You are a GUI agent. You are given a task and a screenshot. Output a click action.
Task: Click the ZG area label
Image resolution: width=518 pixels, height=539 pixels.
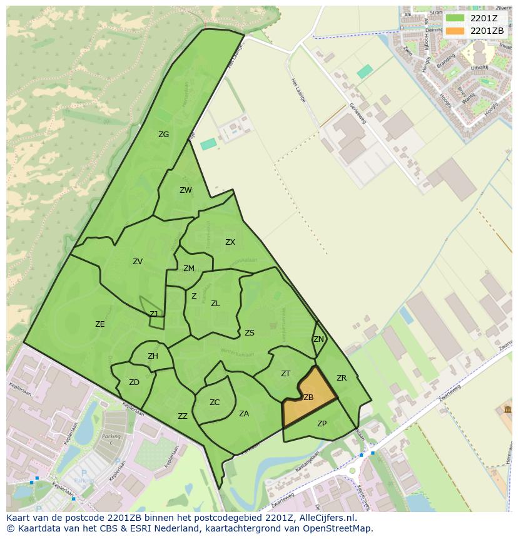coord(163,135)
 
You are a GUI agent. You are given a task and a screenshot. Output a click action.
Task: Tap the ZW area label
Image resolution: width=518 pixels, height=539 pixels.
coord(186,190)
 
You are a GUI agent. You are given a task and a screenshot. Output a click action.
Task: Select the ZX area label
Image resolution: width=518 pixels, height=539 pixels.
coord(230,242)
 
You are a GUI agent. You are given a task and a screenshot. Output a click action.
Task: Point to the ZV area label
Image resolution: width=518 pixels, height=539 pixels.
coord(138,262)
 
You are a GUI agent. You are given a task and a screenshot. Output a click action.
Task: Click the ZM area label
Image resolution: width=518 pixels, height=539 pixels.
coord(189,269)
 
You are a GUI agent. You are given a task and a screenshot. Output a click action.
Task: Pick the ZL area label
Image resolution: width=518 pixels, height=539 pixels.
coord(215,304)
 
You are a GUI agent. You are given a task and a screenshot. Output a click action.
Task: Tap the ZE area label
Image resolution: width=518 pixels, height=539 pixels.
coord(100,324)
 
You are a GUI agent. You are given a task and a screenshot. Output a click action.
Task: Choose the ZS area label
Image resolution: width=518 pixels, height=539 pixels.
coord(250,333)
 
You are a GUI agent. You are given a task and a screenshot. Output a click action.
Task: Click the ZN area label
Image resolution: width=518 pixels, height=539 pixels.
coord(318,339)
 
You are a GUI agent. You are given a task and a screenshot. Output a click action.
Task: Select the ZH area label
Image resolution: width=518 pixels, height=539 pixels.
coord(153,356)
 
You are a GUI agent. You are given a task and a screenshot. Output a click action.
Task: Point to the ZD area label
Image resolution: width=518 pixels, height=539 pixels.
coord(134,382)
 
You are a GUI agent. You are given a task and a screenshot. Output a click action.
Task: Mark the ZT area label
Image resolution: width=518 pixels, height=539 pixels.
coord(285,374)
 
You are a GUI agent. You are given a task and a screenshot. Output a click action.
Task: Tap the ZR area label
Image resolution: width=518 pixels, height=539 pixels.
coord(342,378)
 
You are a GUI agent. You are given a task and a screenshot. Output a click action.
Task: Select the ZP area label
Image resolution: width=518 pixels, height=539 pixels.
coord(322,424)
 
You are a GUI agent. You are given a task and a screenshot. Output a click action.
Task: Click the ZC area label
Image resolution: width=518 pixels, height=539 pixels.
coord(215,403)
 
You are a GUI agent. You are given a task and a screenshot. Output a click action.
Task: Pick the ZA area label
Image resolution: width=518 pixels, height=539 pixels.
coord(244,414)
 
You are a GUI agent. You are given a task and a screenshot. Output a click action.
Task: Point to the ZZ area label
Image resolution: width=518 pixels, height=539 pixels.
coord(183,416)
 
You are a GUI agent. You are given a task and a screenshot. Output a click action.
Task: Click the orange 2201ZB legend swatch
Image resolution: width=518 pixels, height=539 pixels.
coord(455,31)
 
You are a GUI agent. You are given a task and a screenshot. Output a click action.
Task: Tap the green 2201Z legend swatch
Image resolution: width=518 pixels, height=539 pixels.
coord(455,18)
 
